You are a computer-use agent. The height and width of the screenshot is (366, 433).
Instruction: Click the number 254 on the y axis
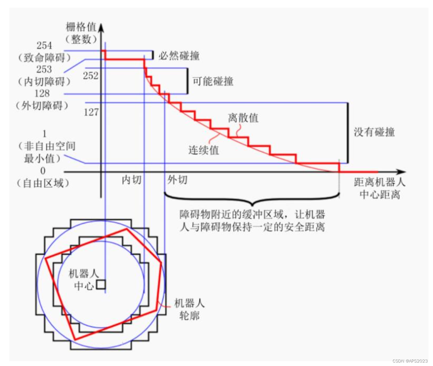44,45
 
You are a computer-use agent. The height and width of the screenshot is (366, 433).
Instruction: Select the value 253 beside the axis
44,69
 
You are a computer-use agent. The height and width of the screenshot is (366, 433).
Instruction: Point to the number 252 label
91,76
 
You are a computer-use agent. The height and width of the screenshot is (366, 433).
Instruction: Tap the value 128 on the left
42,93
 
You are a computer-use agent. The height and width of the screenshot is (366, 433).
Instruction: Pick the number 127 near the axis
91,112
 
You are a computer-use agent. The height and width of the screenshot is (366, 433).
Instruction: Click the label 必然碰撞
179,56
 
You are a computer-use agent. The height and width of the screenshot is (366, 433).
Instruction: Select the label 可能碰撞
213,81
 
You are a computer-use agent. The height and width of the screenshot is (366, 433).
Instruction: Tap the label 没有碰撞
374,132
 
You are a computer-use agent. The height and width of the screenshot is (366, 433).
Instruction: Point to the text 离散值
243,118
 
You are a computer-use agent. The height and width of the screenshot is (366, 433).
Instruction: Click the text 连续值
203,150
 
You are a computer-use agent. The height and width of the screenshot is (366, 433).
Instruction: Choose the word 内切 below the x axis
132,180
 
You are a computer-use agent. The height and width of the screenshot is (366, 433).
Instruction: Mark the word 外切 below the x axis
178,180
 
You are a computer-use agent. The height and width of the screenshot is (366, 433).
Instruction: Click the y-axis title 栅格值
81,27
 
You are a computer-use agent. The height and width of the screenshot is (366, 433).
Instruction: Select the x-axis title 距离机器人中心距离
380,188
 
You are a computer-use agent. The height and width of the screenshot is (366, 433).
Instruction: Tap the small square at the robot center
101,285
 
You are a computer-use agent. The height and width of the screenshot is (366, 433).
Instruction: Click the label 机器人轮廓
189,309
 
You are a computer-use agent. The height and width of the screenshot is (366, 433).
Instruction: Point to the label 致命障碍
44,57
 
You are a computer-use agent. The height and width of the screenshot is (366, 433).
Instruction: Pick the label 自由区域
43,183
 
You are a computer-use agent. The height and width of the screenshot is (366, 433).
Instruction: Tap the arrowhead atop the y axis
101,27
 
